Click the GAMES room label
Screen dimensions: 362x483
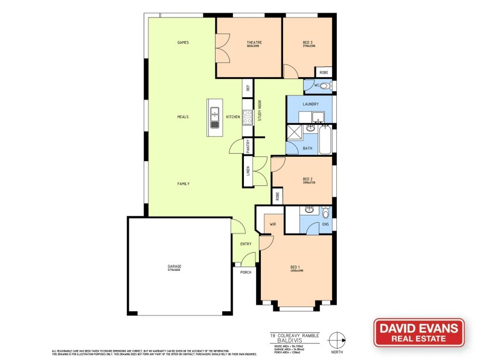(184, 43)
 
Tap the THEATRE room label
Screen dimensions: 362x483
(252, 42)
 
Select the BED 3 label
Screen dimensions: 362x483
(309, 42)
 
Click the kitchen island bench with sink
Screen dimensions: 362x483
(214, 117)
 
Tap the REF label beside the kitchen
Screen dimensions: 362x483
(248, 87)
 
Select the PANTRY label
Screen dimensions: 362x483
(248, 146)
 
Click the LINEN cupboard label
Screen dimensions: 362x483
(248, 171)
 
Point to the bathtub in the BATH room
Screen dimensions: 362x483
(327, 140)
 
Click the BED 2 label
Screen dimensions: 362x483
(307, 179)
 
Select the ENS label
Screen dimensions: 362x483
(325, 224)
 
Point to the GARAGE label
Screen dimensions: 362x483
(174, 266)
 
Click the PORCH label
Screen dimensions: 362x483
(246, 273)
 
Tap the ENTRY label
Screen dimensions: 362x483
(246, 244)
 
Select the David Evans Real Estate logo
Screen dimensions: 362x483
(418, 332)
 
